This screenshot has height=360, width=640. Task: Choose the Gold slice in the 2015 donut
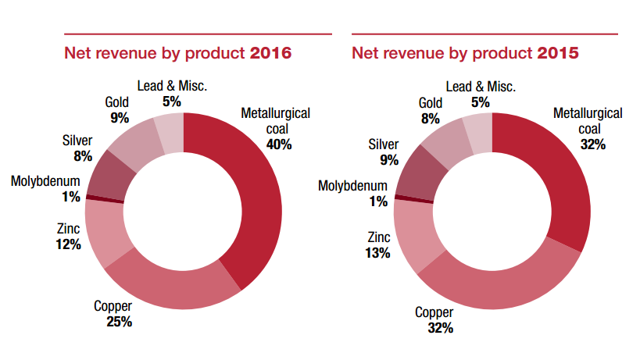click(x=442, y=144)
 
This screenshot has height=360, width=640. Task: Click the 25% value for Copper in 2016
click(x=119, y=321)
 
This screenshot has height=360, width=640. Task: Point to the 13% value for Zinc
click(x=377, y=252)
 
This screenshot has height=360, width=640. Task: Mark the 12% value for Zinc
click(x=68, y=244)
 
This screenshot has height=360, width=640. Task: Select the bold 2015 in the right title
click(x=558, y=53)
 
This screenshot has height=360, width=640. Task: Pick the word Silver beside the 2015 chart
click(x=383, y=144)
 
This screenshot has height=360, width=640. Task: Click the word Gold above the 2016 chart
click(x=117, y=102)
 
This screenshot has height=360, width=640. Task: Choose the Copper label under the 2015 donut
click(x=433, y=312)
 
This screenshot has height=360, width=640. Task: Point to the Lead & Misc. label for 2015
click(x=480, y=86)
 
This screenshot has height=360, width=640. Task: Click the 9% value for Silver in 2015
click(x=388, y=160)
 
